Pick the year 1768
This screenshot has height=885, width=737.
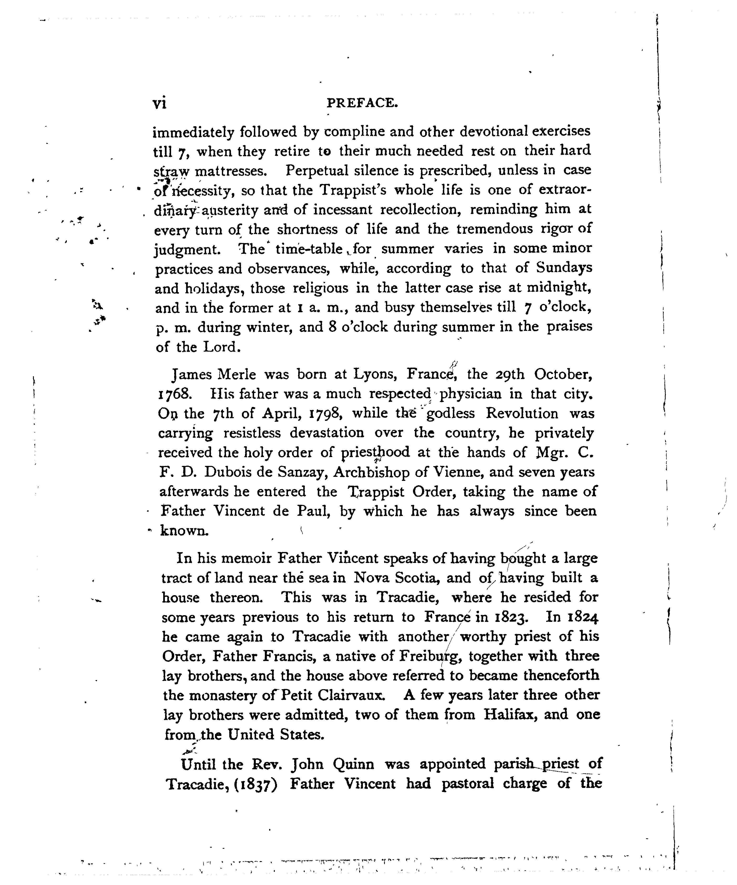point(175,394)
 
